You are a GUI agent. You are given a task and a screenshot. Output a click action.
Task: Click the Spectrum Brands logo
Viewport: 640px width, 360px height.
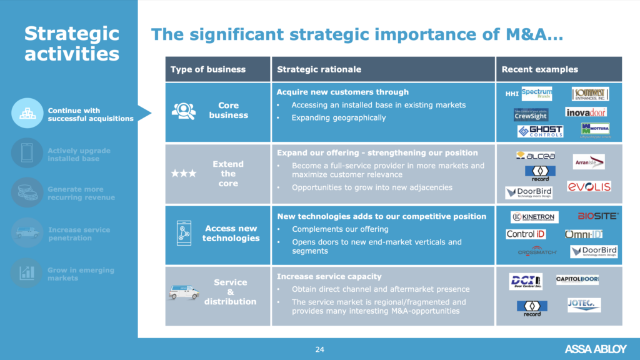tap(536, 94)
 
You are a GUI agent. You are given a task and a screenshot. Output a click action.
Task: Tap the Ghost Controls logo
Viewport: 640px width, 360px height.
tap(540, 131)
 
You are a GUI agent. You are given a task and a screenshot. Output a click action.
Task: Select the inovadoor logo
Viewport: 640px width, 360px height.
tap(586, 112)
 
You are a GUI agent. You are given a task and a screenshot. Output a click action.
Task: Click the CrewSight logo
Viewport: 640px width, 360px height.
tap(531, 114)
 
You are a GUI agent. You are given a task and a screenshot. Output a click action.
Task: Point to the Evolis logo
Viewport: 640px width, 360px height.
tap(589, 186)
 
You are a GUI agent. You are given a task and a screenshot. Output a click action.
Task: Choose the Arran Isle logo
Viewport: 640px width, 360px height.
tap(589, 162)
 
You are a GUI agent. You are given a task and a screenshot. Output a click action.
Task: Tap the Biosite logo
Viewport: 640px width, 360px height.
tap(597, 216)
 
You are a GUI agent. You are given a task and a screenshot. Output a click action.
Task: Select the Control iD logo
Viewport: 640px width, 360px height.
tap(526, 234)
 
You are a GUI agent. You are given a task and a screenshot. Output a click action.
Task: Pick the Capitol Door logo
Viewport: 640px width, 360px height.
tap(577, 279)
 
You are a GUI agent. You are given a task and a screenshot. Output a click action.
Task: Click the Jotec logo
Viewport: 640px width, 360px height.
tap(584, 304)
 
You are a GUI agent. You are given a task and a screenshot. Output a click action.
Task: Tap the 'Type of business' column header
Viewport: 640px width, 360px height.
tap(208, 69)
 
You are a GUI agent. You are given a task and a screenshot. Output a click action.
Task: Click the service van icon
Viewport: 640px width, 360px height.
tap(184, 291)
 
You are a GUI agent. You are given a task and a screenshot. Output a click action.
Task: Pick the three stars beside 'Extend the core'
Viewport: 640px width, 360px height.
tap(184, 174)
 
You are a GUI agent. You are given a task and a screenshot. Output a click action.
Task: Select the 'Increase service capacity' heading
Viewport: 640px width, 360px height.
tap(329, 276)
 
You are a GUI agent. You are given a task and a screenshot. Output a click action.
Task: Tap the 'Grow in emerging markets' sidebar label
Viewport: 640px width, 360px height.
tap(81, 274)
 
